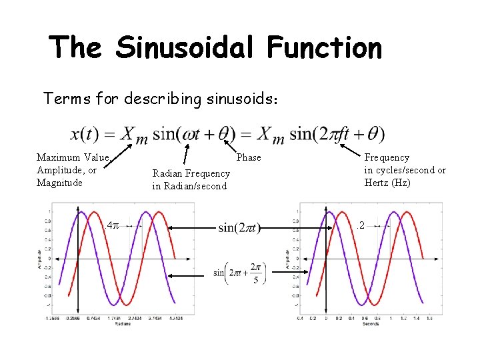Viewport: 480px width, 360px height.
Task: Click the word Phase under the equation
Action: [249, 157]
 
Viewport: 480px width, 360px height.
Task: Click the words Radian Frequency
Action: [191, 174]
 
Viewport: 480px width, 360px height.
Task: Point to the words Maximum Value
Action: [72, 157]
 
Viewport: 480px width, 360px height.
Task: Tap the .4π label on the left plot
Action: [112, 226]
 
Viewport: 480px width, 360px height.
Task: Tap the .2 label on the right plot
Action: [361, 226]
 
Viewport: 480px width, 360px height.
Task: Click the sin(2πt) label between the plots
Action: [239, 228]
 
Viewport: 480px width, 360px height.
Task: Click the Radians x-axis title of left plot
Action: [123, 324]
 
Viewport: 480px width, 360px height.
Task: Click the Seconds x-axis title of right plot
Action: [371, 324]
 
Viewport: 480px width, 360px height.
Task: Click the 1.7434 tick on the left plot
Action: [113, 319]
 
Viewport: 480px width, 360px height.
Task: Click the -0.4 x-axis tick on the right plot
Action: [301, 319]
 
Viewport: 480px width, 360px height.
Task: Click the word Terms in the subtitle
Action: [64, 99]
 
